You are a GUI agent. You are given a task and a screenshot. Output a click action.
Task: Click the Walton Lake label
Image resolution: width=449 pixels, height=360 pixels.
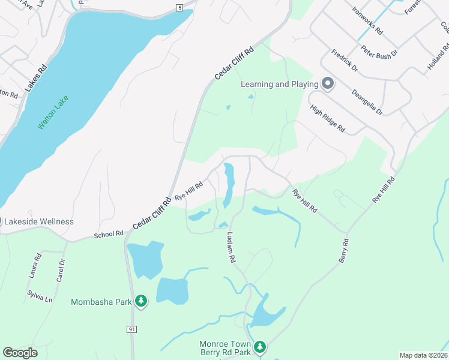click(53, 112)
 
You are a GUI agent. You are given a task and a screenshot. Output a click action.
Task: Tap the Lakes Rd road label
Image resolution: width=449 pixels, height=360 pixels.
click(35, 79)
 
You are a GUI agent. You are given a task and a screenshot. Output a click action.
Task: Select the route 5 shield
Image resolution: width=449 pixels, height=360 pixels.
click(179, 7)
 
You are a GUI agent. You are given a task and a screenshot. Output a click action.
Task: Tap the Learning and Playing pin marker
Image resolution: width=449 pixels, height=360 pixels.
click(328, 84)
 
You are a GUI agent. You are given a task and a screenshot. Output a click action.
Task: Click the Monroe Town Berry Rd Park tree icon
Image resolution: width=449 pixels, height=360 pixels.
click(259, 347)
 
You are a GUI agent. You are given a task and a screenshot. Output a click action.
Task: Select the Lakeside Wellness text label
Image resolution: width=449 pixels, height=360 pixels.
click(39, 221)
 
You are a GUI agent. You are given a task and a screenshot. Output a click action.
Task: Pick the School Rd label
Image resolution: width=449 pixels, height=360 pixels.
click(109, 233)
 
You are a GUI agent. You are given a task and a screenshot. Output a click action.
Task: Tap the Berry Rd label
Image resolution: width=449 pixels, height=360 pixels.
click(345, 251)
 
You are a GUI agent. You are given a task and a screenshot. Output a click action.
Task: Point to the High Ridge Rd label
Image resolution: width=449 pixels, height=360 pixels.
click(328, 118)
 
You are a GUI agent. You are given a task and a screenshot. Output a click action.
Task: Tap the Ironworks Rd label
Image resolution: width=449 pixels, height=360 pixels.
click(367, 20)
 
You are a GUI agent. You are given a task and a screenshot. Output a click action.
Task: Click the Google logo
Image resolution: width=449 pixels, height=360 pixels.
click(20, 353)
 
